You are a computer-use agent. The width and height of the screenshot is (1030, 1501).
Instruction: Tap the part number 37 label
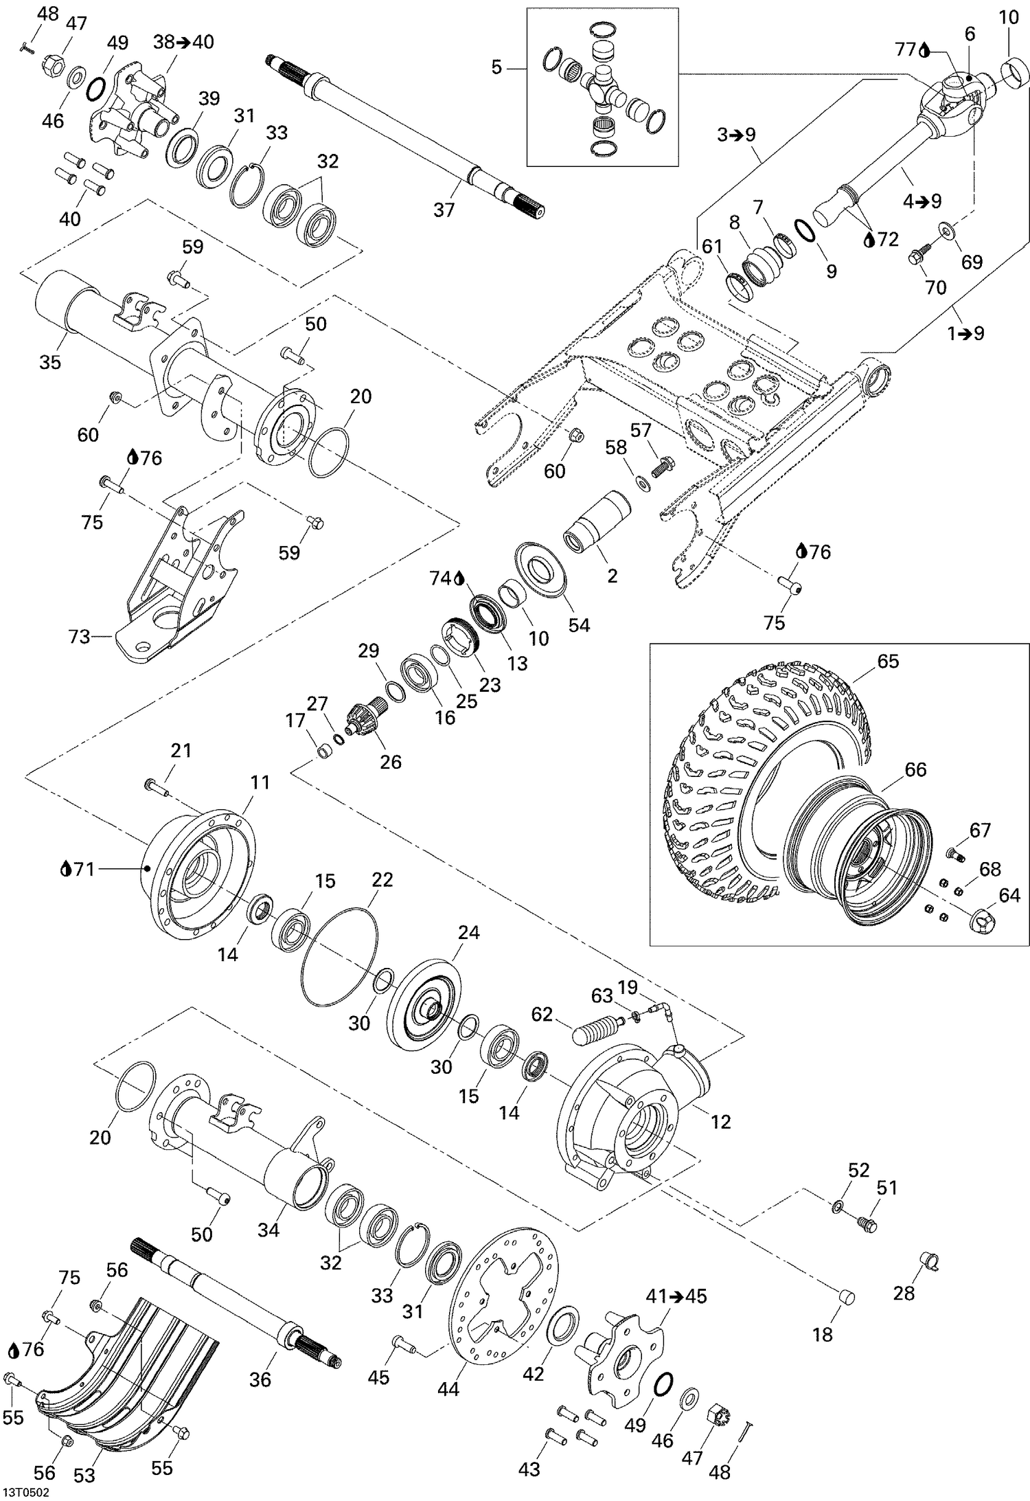pyautogui.click(x=444, y=210)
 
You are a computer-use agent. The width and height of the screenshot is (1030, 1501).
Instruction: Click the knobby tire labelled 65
pyautogui.click(x=728, y=769)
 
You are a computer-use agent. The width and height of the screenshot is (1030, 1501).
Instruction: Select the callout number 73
pyautogui.click(x=79, y=637)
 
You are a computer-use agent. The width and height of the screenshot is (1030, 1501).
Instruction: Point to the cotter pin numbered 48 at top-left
pyautogui.click(x=28, y=47)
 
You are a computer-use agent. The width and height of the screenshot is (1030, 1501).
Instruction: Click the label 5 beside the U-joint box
pyautogui.click(x=497, y=67)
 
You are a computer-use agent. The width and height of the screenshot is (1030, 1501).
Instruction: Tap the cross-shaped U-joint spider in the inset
pyautogui.click(x=602, y=85)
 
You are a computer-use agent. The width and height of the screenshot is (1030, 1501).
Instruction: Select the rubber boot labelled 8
pyautogui.click(x=762, y=264)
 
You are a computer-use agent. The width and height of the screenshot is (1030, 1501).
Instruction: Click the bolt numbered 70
pyautogui.click(x=917, y=258)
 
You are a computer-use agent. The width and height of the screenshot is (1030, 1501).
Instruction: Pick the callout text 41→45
pyautogui.click(x=676, y=1296)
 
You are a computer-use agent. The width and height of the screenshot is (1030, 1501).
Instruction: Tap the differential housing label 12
pyautogui.click(x=720, y=1122)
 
